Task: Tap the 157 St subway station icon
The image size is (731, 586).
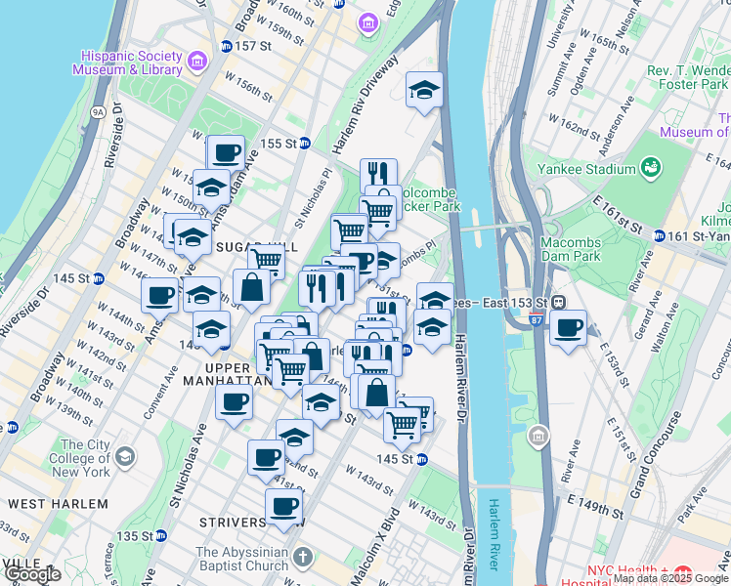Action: tap(226, 46)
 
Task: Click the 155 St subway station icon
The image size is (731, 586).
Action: tap(304, 143)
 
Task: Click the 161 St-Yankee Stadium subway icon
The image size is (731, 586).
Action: tap(660, 235)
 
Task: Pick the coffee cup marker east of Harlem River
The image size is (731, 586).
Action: tap(567, 328)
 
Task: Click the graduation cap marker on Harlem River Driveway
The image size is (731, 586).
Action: tap(424, 91)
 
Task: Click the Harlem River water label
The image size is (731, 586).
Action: tap(494, 536)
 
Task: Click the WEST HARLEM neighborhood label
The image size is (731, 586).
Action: tap(58, 503)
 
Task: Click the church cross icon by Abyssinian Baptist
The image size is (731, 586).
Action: tap(303, 558)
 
